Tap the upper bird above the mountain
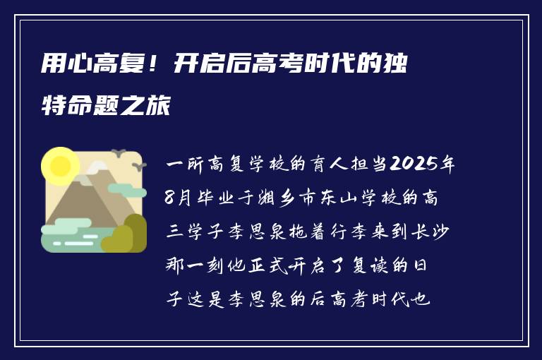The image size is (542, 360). [x=118, y=153]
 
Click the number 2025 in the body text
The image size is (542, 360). [x=414, y=165]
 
